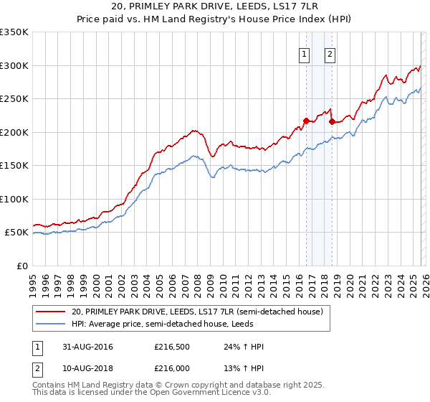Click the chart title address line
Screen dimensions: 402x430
tap(215, 6)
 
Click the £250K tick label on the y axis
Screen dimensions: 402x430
tap(14, 98)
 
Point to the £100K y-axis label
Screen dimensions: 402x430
tap(14, 199)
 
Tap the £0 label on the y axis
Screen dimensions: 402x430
tap(22, 266)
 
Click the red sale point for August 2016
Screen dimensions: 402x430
tap(306, 121)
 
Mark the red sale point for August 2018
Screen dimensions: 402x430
tap(331, 121)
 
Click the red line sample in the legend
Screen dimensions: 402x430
tap(51, 312)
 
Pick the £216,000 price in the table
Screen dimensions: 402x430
tap(171, 369)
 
